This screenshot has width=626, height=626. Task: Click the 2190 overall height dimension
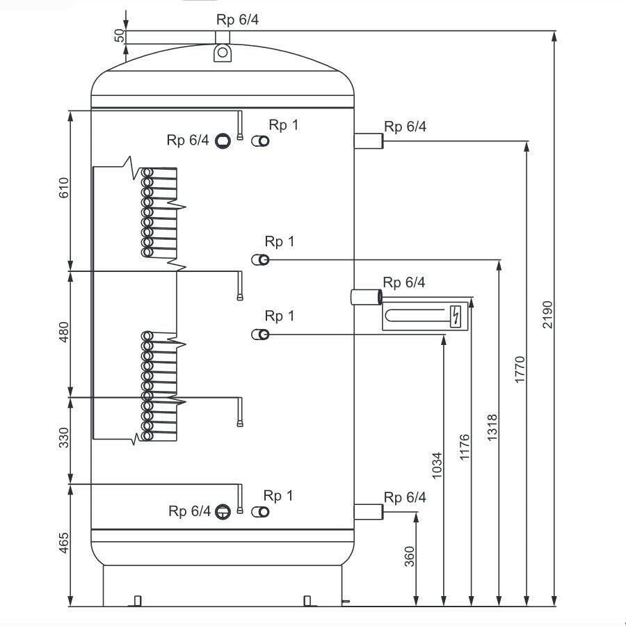coord(548,314)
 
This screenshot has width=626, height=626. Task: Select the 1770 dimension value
coord(520,370)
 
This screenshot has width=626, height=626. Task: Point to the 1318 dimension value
coord(492,428)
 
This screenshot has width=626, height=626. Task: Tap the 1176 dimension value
coord(465,447)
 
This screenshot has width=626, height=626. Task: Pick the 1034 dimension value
coord(438,465)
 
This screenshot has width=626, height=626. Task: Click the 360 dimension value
coord(410,556)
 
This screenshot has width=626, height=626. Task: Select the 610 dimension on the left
coord(64,188)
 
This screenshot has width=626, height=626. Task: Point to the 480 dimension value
coord(64,332)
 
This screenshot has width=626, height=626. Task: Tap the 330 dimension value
coord(64,438)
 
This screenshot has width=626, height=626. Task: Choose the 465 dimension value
coord(64,543)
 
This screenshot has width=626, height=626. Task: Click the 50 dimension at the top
coord(120,36)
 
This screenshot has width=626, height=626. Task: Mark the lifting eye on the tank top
coord(223,53)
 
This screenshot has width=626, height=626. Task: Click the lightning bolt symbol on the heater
coord(456,316)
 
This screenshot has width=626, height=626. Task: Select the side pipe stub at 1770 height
coord(369,141)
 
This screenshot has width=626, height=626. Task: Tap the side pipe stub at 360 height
coord(369,512)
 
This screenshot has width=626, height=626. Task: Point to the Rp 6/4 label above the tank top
coord(238,19)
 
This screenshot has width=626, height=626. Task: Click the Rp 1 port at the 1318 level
coord(260,260)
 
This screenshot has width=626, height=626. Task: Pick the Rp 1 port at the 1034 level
coord(260,334)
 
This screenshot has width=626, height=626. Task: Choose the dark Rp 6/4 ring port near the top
coord(223,141)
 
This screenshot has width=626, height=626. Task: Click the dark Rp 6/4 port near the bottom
coord(223,512)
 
